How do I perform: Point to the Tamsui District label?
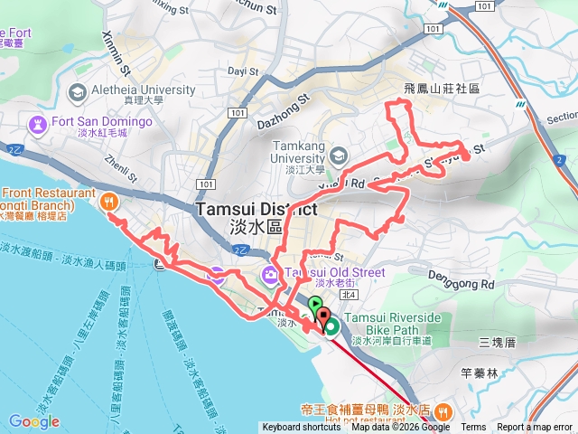[x=255, y=209]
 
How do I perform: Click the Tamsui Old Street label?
[x=334, y=272]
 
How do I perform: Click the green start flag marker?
[x=314, y=305]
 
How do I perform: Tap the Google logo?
[x=34, y=421]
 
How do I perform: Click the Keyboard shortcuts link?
[x=301, y=428]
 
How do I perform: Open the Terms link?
[x=473, y=428]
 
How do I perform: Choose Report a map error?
[x=535, y=428]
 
